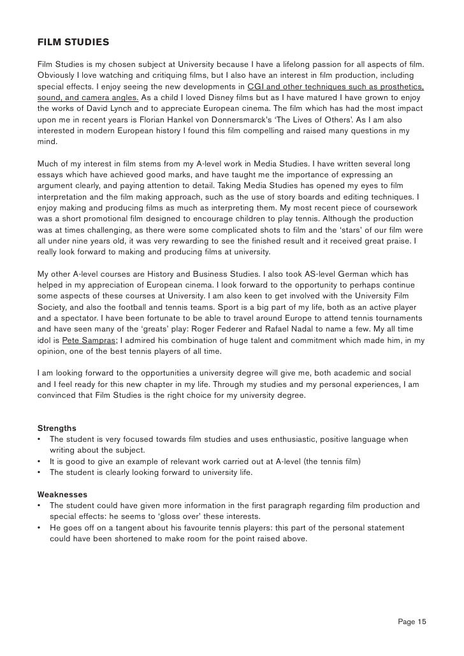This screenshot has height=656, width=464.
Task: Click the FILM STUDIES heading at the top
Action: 73,43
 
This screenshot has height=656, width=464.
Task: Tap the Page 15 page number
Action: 412,622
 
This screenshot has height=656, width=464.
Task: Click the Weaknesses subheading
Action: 62,494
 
